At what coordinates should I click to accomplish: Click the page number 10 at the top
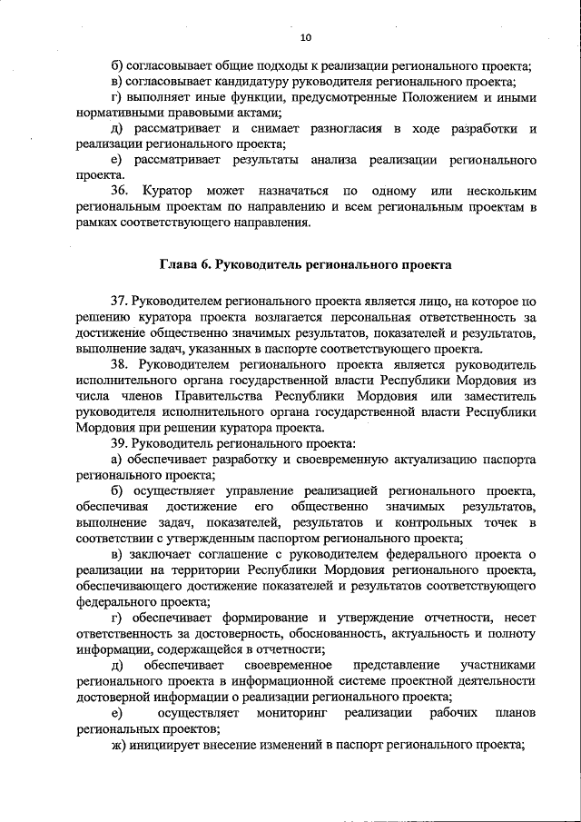304,37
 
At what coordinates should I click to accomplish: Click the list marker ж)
117,744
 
